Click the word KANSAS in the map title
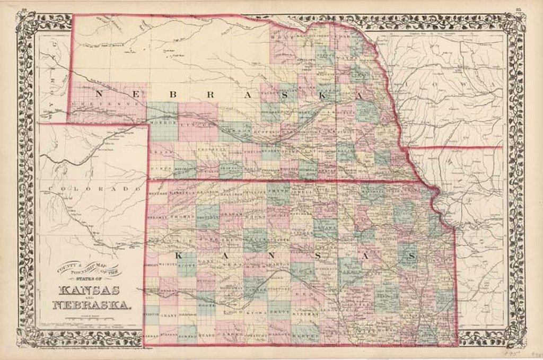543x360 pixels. pos(89,291)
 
